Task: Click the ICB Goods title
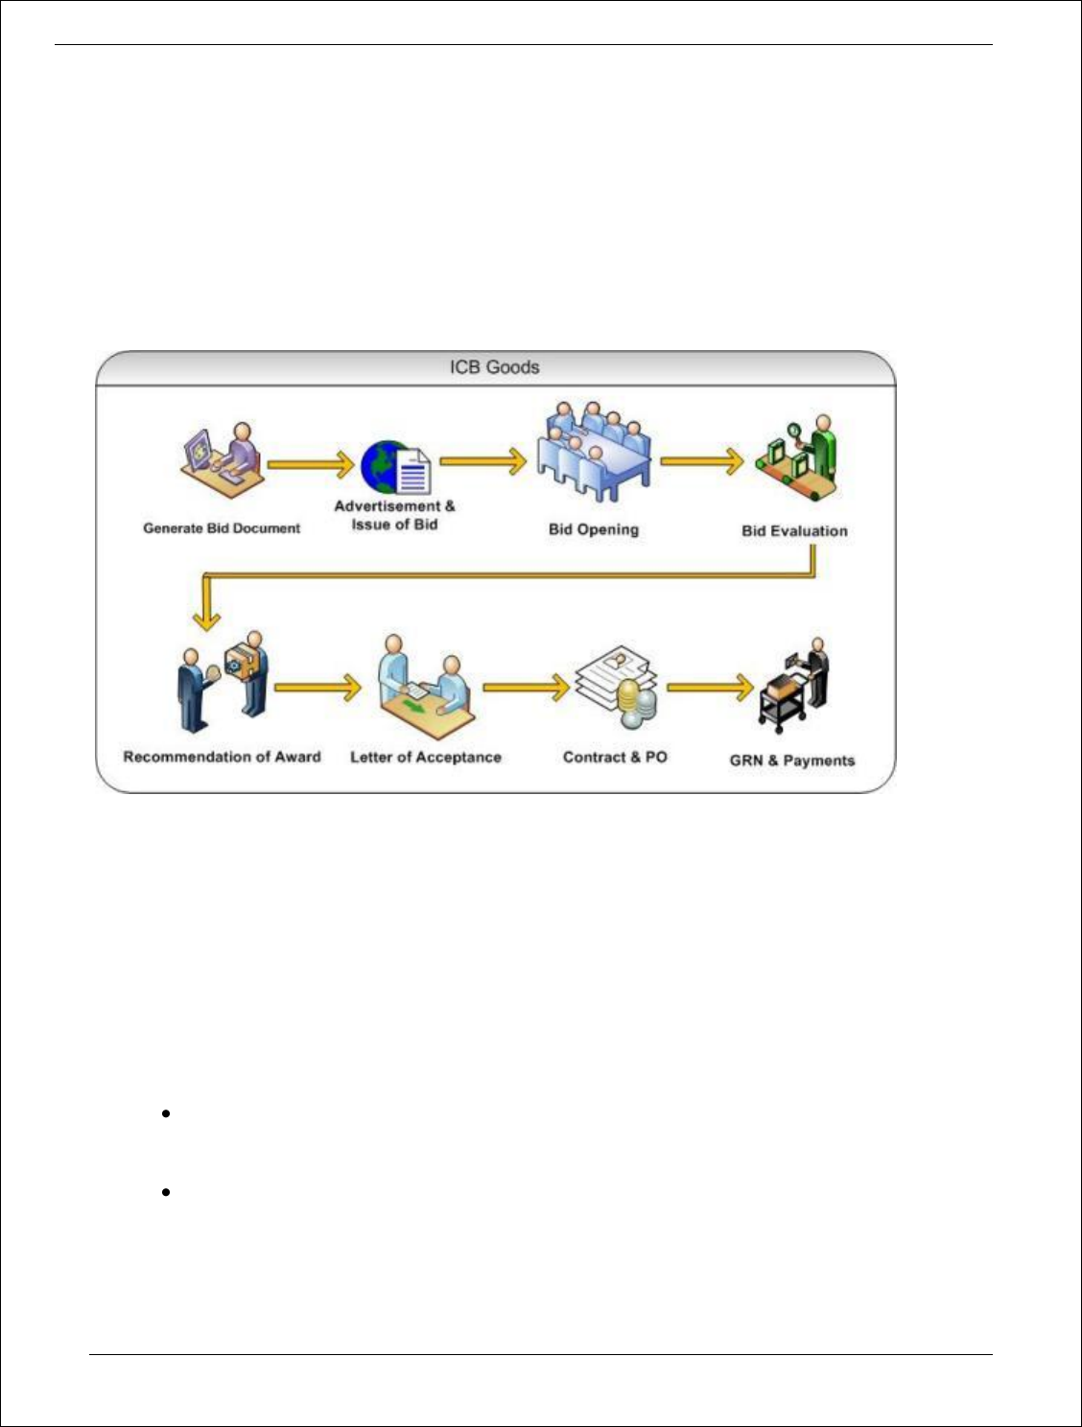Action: [x=494, y=367]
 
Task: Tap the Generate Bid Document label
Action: [x=222, y=528]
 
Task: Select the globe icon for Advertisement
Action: [x=382, y=466]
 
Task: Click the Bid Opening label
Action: [x=593, y=529]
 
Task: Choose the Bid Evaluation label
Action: [x=794, y=530]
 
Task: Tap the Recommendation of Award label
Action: [x=222, y=757]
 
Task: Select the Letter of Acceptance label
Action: [x=425, y=758]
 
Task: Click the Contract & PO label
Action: [x=615, y=758]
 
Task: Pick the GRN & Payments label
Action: [x=791, y=760]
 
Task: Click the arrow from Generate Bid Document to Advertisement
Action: [x=310, y=465]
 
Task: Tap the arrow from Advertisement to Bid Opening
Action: [x=482, y=461]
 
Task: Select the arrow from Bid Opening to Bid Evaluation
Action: [x=701, y=461]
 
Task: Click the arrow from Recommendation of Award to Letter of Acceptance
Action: [x=318, y=687]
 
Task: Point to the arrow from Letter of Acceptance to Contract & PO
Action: [x=526, y=687]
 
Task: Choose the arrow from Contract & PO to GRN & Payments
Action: [x=710, y=687]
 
